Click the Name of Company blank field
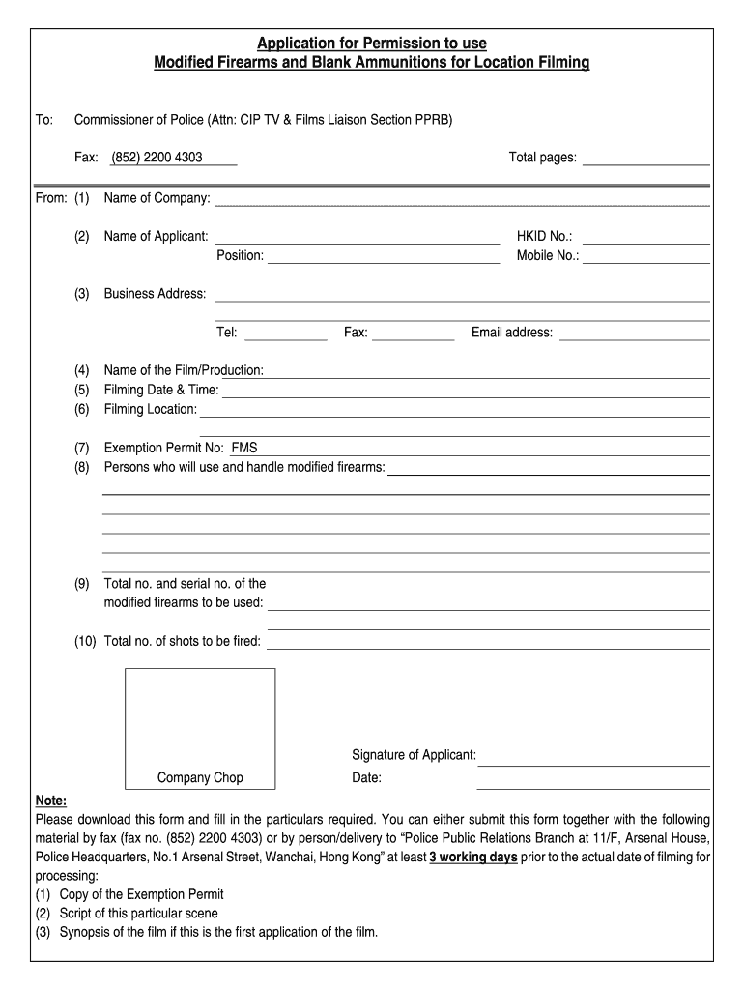click(462, 199)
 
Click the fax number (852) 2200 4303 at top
click(157, 158)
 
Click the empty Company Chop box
click(200, 717)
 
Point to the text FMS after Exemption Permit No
click(244, 448)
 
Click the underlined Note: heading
click(51, 801)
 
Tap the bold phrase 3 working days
click(473, 858)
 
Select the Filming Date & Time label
click(161, 391)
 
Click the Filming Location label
click(150, 410)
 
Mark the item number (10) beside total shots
click(85, 642)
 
